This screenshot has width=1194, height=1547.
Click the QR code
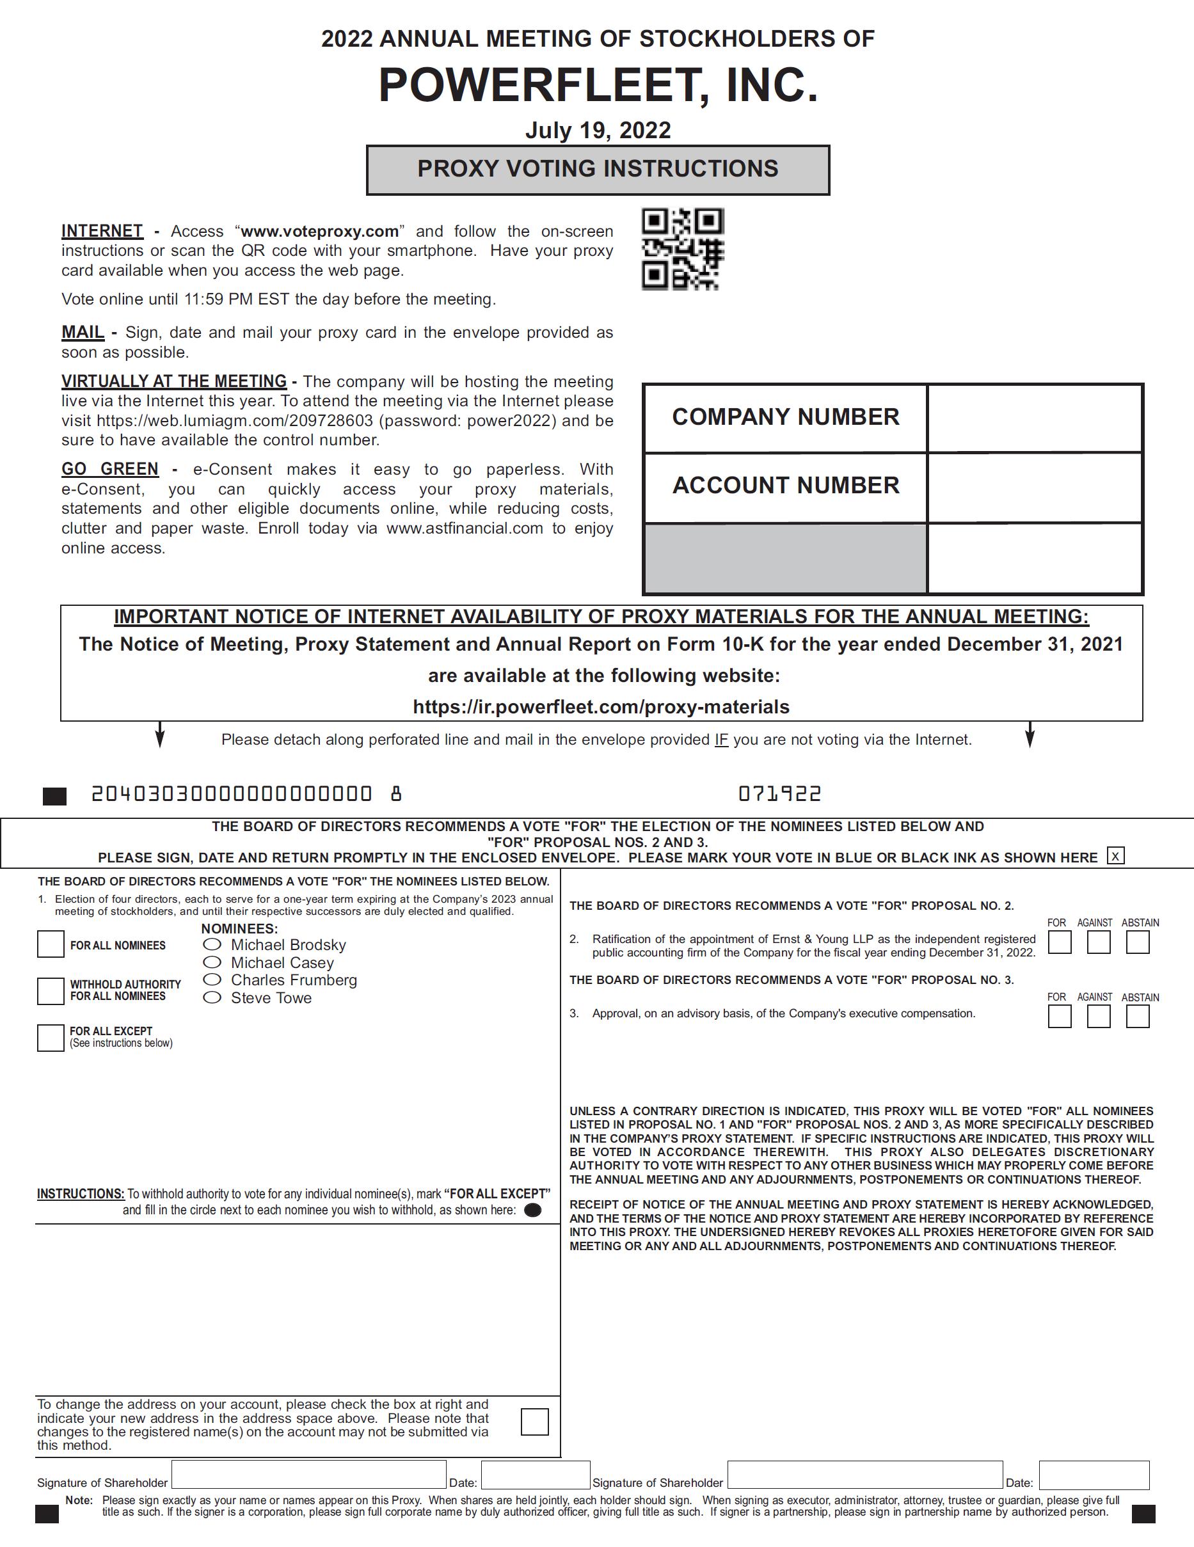coord(682,249)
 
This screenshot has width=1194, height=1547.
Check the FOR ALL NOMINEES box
coord(51,944)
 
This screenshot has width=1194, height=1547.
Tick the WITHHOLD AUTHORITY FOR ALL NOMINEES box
coord(51,990)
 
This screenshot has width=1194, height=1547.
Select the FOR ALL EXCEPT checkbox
coord(51,1037)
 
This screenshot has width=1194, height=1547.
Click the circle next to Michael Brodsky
coord(212,944)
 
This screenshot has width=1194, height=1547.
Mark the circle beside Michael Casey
coord(212,962)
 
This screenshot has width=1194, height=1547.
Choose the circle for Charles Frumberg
coord(212,980)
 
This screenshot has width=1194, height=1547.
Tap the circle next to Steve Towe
coord(212,997)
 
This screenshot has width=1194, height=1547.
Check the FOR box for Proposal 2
coord(1060,942)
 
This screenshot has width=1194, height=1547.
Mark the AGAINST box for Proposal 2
coord(1098,942)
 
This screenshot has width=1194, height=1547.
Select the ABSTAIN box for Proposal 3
coord(1137,1017)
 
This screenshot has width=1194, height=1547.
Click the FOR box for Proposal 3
coord(1060,1017)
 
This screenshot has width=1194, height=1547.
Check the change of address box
coord(534,1422)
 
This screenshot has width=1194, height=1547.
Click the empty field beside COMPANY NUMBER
coord(1035,418)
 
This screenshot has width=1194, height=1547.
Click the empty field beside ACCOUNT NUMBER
coord(1035,488)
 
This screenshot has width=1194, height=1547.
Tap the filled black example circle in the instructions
coord(533,1210)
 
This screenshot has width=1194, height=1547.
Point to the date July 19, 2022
coord(598,131)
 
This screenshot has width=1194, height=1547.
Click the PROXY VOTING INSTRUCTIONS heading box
coord(598,170)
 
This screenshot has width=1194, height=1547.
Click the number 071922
coord(779,794)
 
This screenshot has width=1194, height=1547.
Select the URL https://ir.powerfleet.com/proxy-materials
coord(601,707)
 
